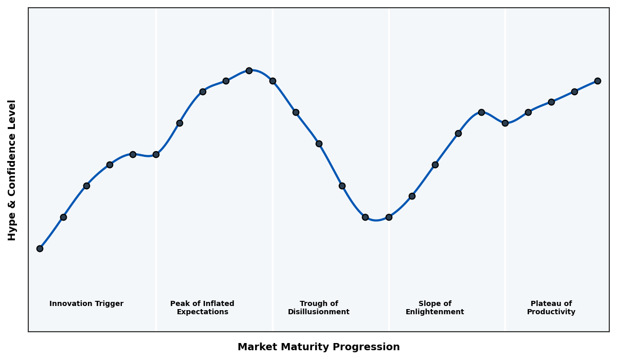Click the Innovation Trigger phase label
coord(86,304)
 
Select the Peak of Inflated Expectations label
coord(202,308)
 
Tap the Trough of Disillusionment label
coord(318,308)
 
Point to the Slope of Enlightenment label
coord(434,308)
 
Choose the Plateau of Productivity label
coord(551,308)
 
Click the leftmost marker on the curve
coord(40,248)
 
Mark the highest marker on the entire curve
coord(249,70)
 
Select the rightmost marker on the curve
coord(597,81)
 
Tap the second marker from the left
coord(63,217)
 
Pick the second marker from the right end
coord(574,92)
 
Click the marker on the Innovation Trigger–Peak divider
coord(156,154)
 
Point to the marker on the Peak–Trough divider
coord(273,81)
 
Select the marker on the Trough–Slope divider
coord(389,217)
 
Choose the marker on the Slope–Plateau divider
coord(505,123)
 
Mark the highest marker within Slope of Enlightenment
coord(481,112)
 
